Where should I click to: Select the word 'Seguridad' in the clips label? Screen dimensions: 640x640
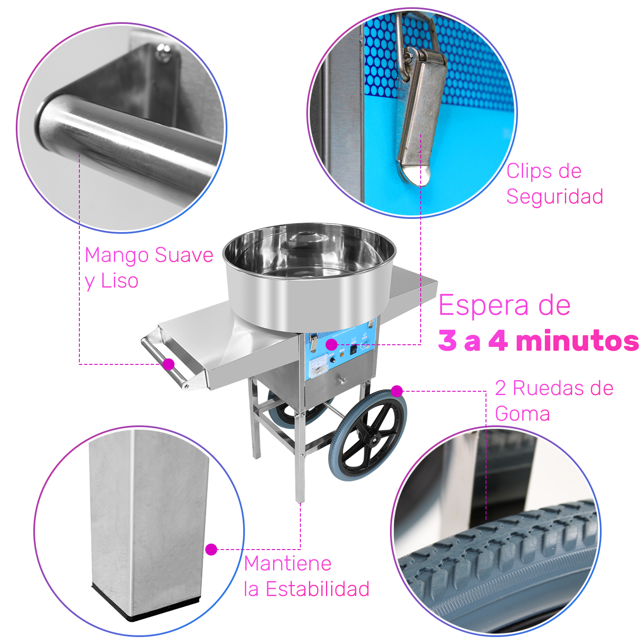point(555,197)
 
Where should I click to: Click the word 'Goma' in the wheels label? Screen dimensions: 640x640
point(522,414)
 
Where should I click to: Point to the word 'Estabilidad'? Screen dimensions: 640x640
point(317,589)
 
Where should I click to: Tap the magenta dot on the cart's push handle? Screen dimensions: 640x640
point(169,364)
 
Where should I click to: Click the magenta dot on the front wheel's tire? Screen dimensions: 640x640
point(397,391)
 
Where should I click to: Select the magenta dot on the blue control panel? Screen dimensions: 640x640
point(331,344)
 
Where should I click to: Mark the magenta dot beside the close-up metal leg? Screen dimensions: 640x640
point(211,549)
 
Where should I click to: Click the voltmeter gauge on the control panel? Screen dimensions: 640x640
point(318,366)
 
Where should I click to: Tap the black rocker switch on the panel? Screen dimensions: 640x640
point(353,349)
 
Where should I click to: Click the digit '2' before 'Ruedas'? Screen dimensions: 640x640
point(500,388)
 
